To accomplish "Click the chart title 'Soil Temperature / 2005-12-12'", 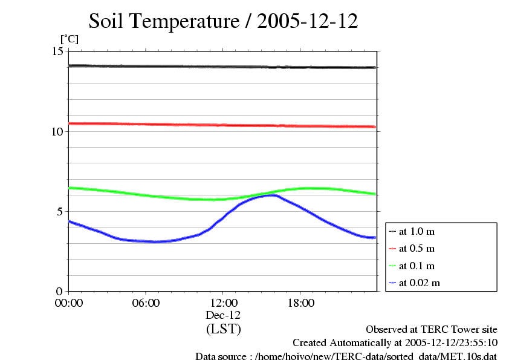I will (x=223, y=22).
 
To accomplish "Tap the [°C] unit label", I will (x=69, y=39).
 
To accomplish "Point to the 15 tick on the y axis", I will (x=57, y=51).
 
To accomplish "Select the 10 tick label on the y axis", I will (x=57, y=131).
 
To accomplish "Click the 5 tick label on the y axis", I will (x=60, y=211).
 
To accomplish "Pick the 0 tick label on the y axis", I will (x=60, y=291).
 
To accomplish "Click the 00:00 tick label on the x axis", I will (x=69, y=303).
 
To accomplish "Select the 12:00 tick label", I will (x=223, y=303).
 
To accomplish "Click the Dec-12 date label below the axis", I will (x=223, y=315).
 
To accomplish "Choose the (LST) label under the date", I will (x=223, y=329).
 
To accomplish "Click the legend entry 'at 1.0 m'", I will (x=417, y=232).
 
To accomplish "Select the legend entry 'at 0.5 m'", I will (x=417, y=249).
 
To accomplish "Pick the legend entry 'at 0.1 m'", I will (x=417, y=266).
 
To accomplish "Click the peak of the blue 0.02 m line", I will (x=271, y=195).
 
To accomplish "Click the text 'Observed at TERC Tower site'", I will (x=431, y=330).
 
